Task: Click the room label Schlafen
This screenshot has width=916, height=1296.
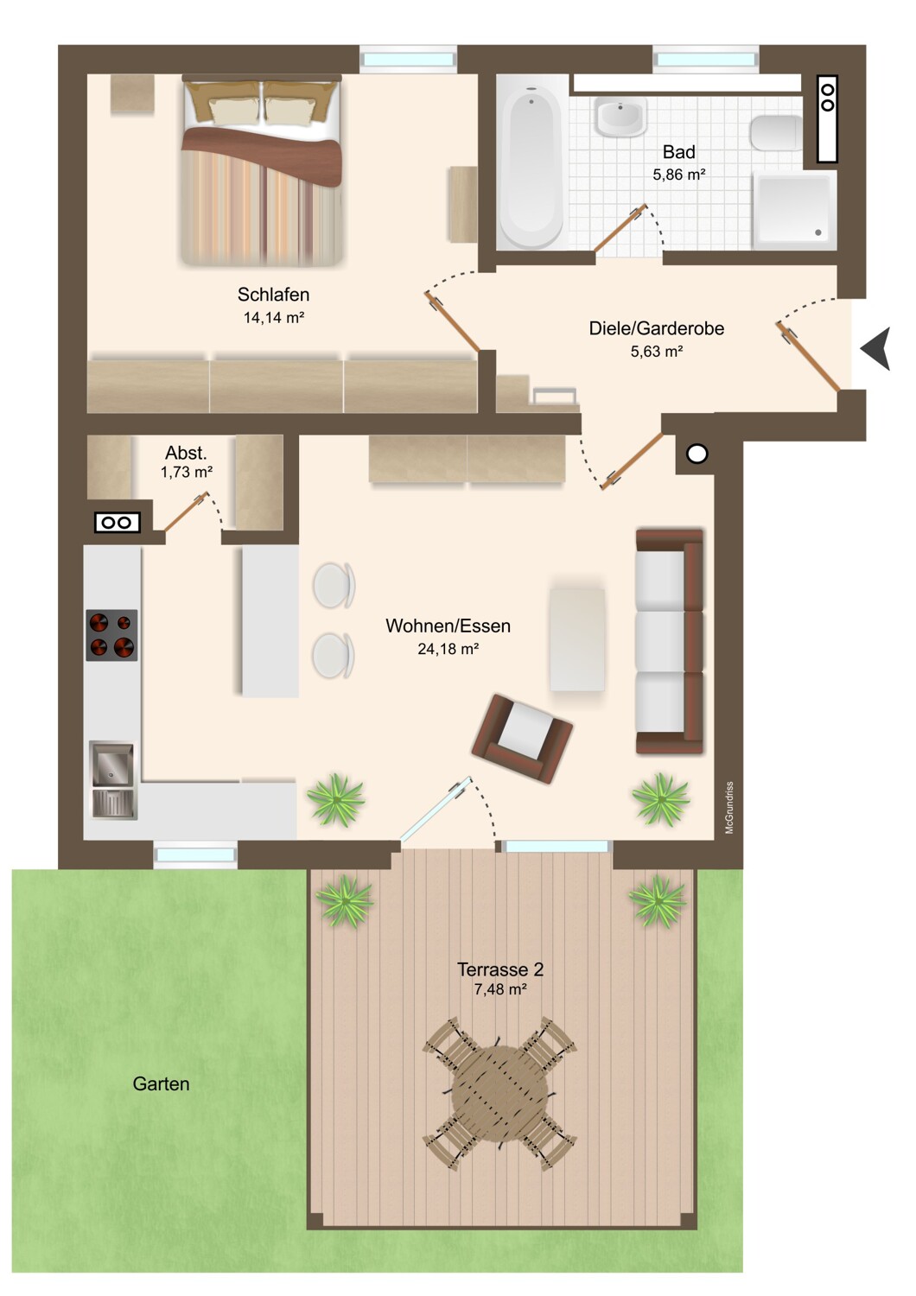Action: pos(273,295)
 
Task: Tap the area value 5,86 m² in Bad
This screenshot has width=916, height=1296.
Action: pos(678,175)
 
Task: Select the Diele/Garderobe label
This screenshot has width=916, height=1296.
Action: pos(656,328)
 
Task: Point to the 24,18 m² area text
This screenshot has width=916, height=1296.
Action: pos(448,649)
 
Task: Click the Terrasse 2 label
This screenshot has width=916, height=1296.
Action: pos(500,969)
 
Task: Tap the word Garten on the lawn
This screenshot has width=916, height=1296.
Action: pos(161,1083)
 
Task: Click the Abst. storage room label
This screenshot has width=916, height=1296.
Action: pos(187,453)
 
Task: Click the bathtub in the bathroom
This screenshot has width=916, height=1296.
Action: pos(531,168)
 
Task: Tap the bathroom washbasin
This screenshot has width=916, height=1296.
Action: pos(620,117)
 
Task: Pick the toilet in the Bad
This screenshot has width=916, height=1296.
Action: pos(776,133)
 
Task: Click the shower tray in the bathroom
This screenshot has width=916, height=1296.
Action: pos(794,210)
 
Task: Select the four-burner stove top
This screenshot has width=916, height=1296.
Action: pos(111,635)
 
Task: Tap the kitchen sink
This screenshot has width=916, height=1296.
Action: pos(113,780)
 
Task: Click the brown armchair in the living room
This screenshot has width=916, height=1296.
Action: pos(522,739)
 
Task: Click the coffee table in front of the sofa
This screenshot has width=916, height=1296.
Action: pos(577,638)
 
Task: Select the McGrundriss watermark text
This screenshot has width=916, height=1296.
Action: pos(729,808)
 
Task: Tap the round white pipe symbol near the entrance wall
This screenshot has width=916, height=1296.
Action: pos(697,454)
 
